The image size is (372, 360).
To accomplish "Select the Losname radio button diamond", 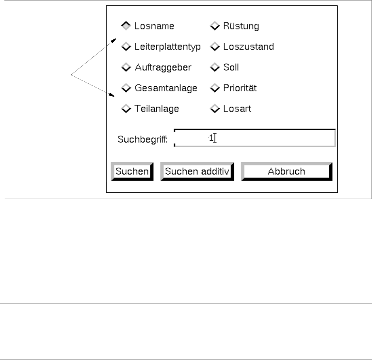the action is point(126,26).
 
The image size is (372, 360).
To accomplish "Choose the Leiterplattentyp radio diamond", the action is point(126,47).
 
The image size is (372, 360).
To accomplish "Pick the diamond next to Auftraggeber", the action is point(126,67).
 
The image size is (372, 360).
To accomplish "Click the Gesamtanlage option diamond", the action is point(126,88).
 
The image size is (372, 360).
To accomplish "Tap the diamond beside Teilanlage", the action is point(126,109).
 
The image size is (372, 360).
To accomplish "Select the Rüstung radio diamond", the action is point(214,26).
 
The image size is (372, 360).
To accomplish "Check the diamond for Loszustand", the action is point(214,47).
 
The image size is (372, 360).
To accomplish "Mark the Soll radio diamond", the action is point(214,67).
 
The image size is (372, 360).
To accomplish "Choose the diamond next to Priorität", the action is point(214,88).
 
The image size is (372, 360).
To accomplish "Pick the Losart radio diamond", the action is point(214,109).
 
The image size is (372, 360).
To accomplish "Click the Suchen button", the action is point(132,171).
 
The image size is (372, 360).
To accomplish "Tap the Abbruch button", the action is point(286,171).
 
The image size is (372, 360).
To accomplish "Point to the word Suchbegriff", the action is point(142,139).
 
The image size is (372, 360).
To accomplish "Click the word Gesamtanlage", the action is point(165,88).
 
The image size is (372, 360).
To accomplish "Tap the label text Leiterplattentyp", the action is point(168,47).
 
